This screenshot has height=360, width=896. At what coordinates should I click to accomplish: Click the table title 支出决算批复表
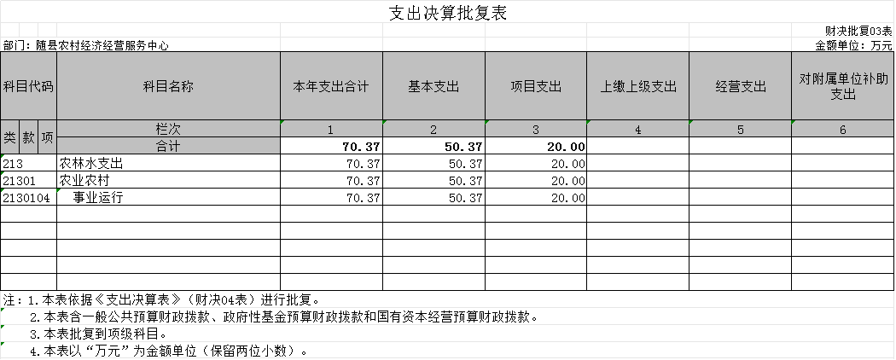click(448, 13)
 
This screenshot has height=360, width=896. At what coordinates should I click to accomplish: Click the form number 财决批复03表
click(858, 31)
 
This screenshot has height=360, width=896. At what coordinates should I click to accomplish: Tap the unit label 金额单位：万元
click(853, 46)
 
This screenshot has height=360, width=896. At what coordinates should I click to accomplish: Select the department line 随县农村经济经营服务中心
click(85, 46)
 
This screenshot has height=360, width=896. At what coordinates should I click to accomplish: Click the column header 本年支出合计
click(331, 87)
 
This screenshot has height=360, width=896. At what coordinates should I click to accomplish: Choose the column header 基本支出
click(433, 87)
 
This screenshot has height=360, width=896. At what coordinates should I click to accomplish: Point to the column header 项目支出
click(536, 87)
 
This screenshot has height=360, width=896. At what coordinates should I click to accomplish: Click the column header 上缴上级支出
click(638, 87)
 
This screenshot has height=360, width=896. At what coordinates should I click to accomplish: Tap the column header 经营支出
click(741, 87)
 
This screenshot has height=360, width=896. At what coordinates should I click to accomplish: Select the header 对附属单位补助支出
click(843, 87)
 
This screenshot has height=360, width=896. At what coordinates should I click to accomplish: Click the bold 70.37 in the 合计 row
click(361, 147)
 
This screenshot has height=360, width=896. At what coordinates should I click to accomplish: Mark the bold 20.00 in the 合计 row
click(566, 147)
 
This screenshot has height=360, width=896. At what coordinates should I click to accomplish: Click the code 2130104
click(26, 198)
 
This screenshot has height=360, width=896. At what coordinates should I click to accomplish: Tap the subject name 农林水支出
click(91, 164)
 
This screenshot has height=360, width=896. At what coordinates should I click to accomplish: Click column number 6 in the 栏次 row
click(843, 130)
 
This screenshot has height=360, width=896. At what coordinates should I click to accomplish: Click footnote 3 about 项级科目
click(98, 334)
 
